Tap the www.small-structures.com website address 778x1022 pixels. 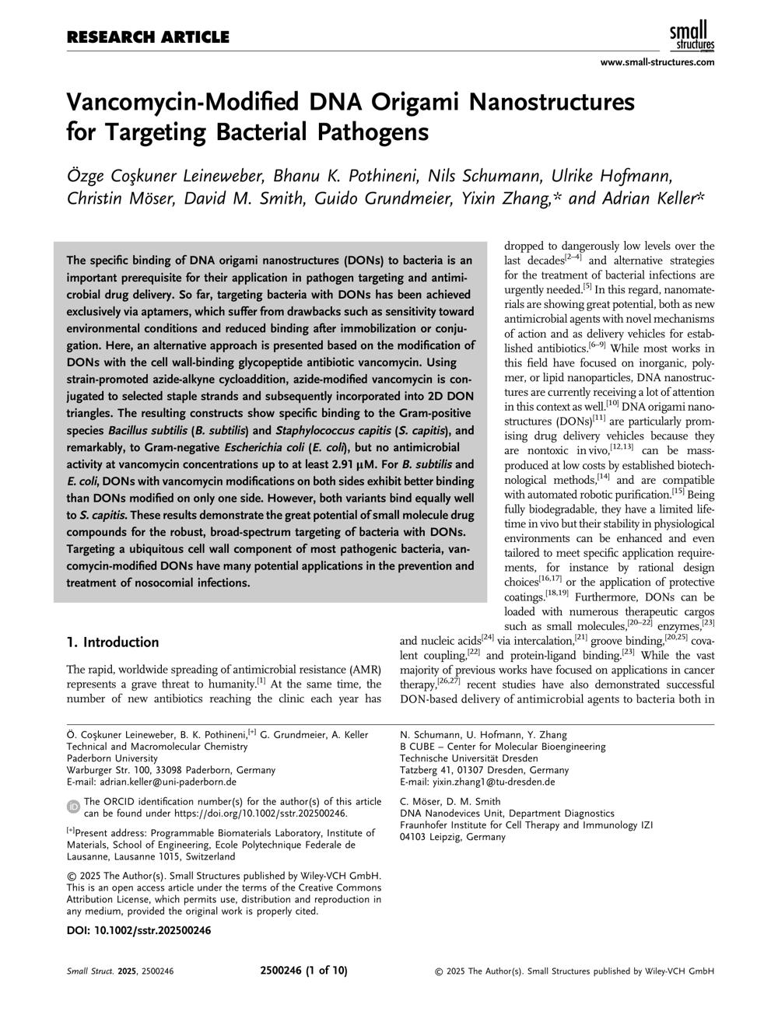point(657,62)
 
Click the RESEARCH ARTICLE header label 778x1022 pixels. point(148,37)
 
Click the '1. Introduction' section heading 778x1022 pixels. point(113,642)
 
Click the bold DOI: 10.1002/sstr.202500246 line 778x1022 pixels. point(138,930)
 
